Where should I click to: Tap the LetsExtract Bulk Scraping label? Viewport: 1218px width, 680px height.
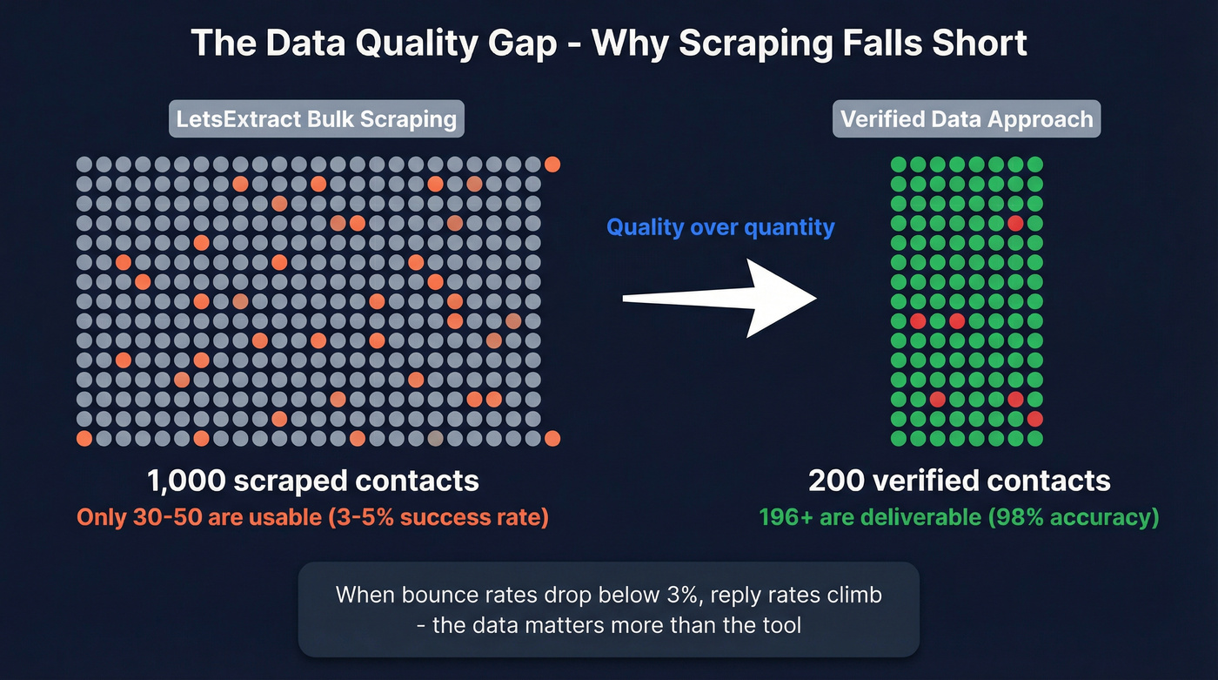click(317, 118)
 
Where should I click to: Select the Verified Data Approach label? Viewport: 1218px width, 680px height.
click(967, 118)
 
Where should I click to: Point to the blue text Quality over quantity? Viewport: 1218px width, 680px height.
click(720, 228)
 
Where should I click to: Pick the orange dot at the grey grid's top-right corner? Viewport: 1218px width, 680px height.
click(552, 165)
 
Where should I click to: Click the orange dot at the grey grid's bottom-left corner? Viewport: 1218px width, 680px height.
click(84, 438)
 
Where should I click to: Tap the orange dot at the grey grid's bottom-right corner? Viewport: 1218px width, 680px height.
click(552, 438)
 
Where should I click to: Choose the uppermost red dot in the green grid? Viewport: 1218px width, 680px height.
click(1014, 223)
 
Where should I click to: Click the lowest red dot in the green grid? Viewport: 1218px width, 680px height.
click(1034, 419)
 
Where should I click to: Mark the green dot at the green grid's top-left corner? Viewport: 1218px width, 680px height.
click(898, 165)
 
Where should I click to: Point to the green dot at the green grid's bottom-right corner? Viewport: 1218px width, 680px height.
click(1034, 438)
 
